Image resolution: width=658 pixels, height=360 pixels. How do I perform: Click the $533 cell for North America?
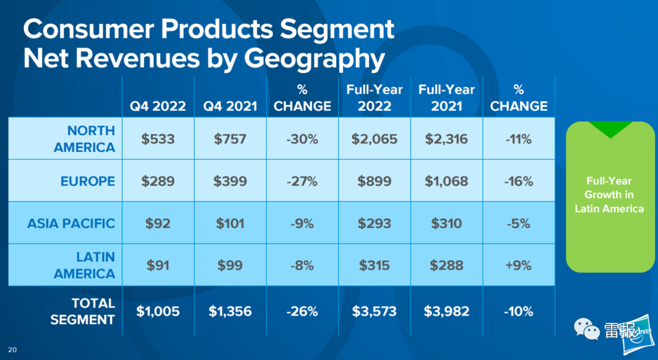tap(158, 139)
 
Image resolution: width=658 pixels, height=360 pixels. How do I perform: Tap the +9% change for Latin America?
tap(519, 265)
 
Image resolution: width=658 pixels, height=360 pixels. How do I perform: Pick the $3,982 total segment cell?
tap(447, 311)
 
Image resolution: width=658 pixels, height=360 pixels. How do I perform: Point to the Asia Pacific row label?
tap(71, 223)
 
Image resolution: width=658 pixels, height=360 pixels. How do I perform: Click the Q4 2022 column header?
tap(158, 106)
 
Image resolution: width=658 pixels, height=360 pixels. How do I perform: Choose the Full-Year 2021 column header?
tap(447, 97)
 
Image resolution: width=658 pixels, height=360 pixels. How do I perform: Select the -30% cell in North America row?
tap(302, 139)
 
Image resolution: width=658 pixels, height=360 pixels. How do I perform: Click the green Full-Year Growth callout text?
tap(609, 195)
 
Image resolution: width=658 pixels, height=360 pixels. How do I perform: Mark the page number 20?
tap(13, 349)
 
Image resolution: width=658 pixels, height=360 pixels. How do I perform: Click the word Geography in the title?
tap(314, 58)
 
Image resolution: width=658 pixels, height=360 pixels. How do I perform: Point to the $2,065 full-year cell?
tap(374, 139)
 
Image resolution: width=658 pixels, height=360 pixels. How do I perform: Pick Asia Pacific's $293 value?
tap(374, 223)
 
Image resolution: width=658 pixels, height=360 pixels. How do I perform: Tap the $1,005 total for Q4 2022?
tap(158, 311)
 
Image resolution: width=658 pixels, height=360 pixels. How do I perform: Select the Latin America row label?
tap(84, 265)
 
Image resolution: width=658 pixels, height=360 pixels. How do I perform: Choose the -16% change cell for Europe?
tap(519, 181)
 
